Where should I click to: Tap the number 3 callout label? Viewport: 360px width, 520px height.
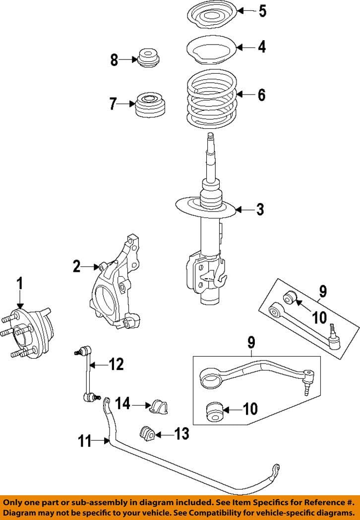point(259,209)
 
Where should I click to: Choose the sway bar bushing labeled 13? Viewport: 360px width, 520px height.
point(147,433)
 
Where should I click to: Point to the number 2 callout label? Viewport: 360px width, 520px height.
point(76,267)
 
